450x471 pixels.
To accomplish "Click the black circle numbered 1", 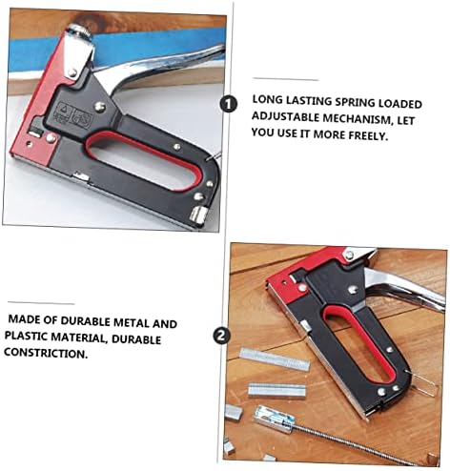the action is (x=228, y=104).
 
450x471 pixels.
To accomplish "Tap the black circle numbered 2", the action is (x=221, y=336).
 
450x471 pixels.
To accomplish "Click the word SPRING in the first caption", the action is (x=356, y=102).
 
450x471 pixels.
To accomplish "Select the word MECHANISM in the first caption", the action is (x=356, y=118).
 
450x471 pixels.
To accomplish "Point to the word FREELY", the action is (x=368, y=136).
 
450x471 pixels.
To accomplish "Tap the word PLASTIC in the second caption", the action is (x=28, y=336).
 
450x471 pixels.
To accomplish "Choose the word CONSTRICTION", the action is (x=46, y=353).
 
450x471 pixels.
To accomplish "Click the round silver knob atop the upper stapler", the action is (x=81, y=31).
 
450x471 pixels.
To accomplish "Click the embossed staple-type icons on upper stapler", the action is (x=73, y=116).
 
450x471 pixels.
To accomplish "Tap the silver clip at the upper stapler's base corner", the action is (x=198, y=215).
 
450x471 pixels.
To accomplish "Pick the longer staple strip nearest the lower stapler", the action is (x=275, y=359).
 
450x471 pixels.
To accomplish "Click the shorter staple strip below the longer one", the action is (x=276, y=390).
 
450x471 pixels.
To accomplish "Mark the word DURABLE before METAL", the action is (x=86, y=320).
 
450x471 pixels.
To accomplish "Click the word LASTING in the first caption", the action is (x=309, y=101).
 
